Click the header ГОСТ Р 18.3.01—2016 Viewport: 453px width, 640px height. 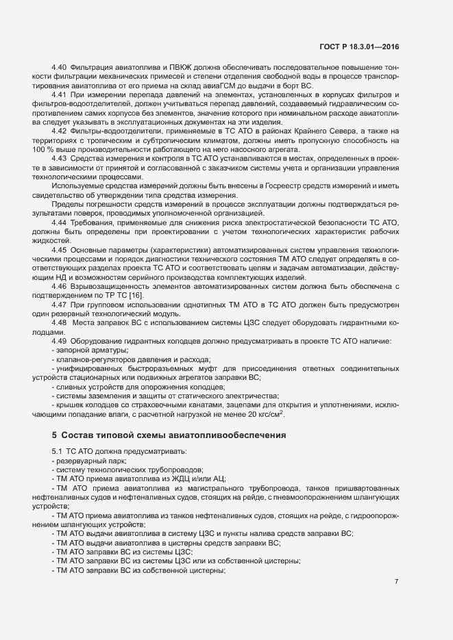[x=360, y=49]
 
